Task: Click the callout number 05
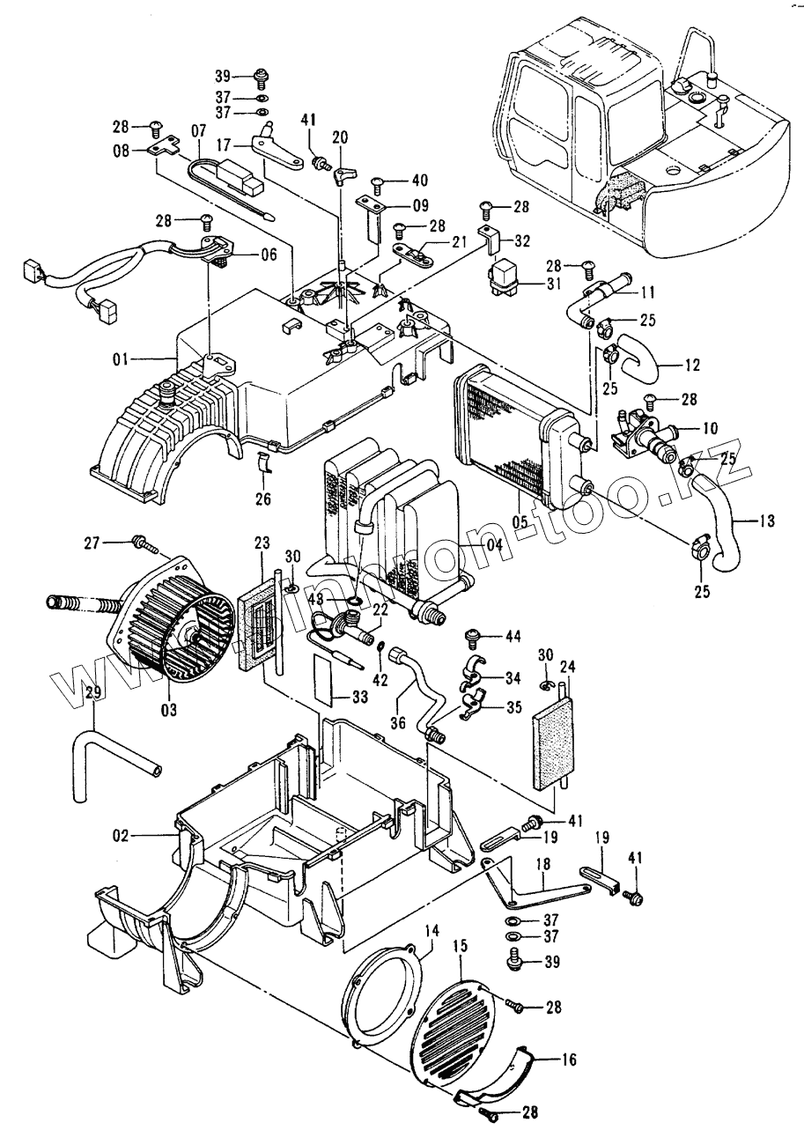tap(520, 522)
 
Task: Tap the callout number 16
tap(569, 1060)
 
